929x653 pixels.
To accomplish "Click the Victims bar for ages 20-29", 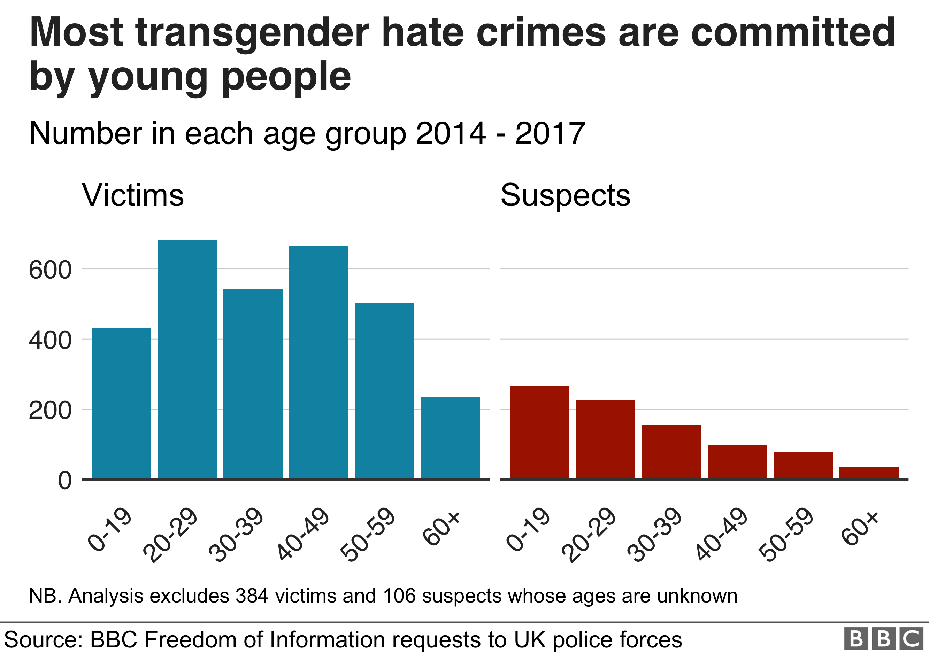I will pos(187,359).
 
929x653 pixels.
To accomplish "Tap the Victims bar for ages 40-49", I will pos(319,362).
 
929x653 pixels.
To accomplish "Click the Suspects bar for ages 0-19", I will pos(539,432).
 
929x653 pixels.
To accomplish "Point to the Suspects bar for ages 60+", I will pos(869,473).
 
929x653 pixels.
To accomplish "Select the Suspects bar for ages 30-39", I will pos(671,452).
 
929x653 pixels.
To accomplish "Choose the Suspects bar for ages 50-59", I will pos(803,465).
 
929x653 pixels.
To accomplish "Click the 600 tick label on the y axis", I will pos(50,270).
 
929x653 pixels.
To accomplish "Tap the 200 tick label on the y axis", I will pos(50,411).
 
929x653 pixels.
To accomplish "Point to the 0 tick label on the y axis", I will pos(65,481).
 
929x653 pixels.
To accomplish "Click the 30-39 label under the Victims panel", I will pos(237,535).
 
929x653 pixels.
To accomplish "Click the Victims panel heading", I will pos(133,195).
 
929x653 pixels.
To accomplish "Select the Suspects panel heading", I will pos(565,195).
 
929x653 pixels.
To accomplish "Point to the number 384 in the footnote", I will pos(252,596).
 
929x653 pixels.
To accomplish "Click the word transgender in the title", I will pos(253,33).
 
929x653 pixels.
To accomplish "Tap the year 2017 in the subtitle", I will pos(550,133).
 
